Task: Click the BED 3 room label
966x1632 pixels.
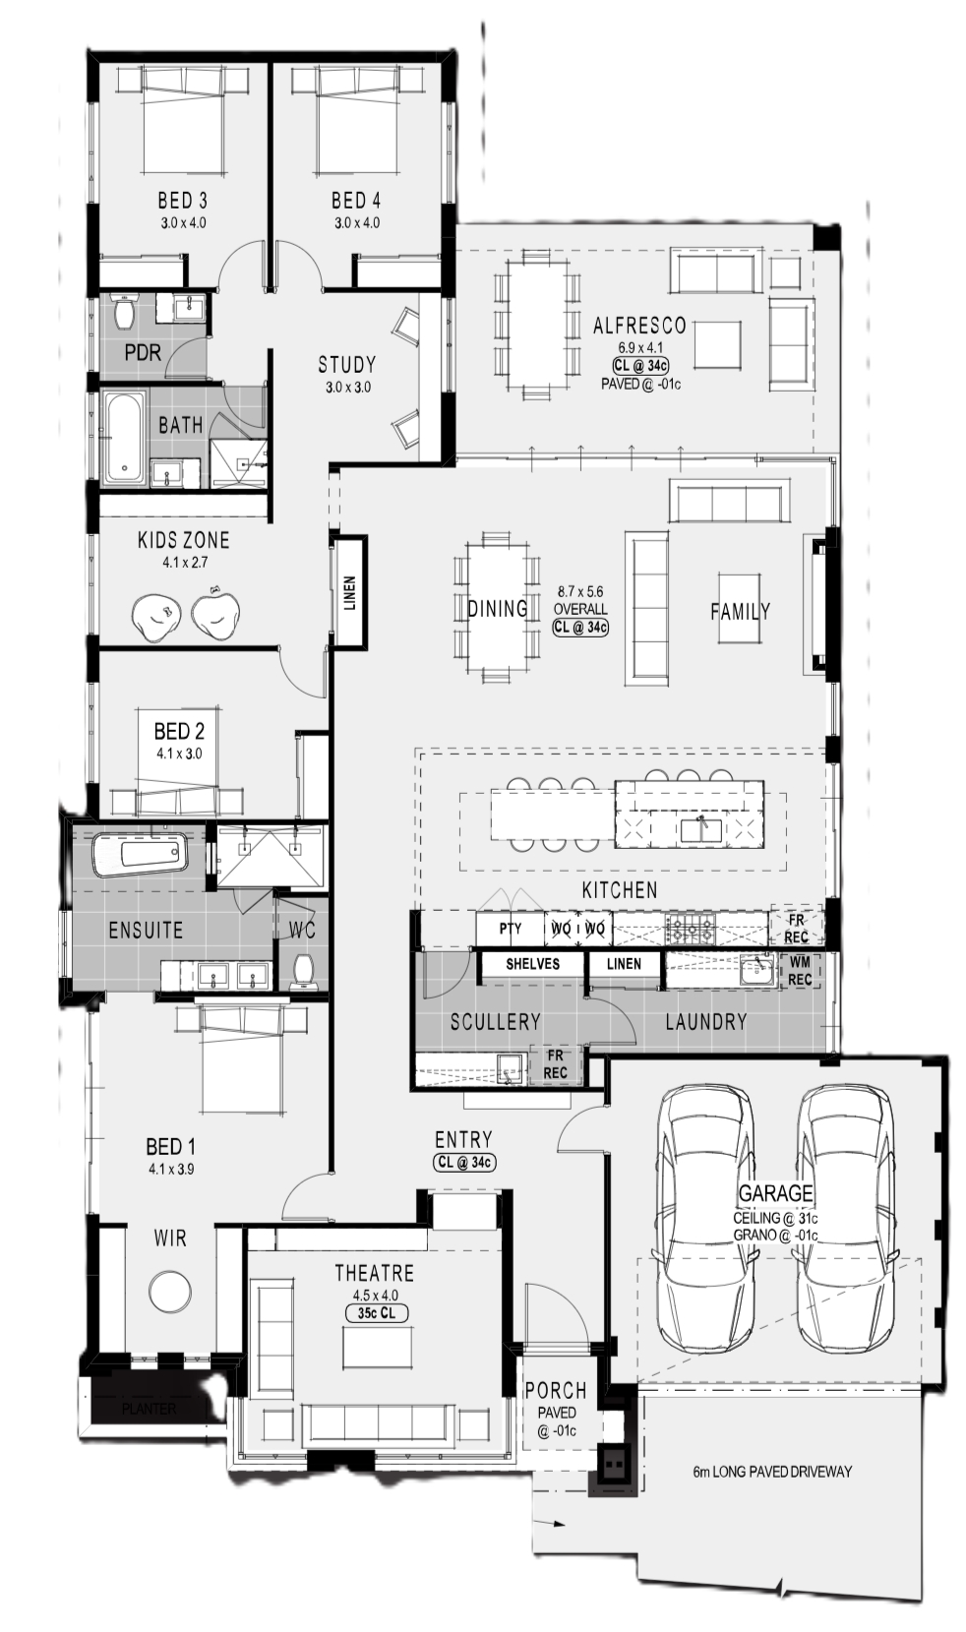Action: coord(182,200)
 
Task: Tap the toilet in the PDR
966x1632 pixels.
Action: coord(125,309)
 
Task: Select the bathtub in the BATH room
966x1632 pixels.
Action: coord(123,438)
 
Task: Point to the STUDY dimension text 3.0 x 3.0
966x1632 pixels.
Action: coord(347,387)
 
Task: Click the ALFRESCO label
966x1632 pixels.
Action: coord(639,326)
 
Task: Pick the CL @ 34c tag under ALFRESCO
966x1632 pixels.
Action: coord(640,366)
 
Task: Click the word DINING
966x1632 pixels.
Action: coord(498,608)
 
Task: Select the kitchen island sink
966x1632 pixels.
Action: coord(700,829)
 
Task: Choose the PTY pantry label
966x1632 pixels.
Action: coord(511,929)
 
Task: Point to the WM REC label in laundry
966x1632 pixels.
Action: coord(799,971)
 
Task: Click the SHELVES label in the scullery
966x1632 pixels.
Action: coord(532,964)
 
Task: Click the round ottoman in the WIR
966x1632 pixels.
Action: coord(170,1292)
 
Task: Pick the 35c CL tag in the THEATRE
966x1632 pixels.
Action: coord(377,1313)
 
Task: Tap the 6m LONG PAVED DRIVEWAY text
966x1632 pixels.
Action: coord(772,1472)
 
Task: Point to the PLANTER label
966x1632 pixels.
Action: coord(149,1409)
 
